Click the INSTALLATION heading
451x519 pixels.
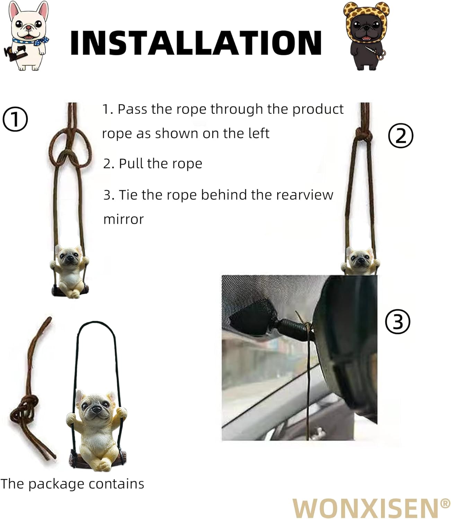click(196, 42)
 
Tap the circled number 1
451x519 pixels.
click(15, 119)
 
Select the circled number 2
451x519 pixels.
click(401, 136)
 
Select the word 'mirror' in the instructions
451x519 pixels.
click(123, 219)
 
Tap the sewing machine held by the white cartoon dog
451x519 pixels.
click(12, 53)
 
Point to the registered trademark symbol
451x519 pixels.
click(445, 503)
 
